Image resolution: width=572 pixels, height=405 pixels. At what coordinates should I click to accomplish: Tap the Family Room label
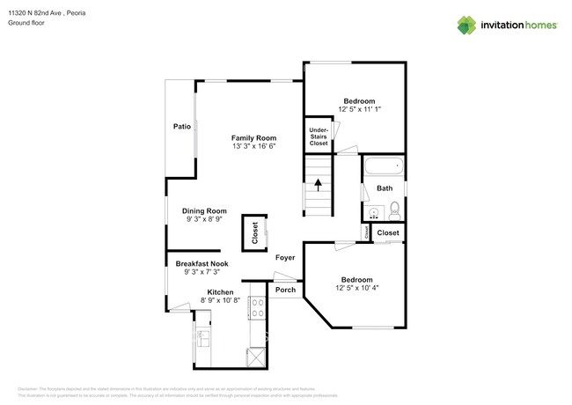254,138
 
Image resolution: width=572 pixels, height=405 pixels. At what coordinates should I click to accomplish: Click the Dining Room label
205,210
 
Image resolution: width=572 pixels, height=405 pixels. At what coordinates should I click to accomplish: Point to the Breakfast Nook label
202,264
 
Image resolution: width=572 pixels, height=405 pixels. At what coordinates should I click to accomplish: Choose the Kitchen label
220,291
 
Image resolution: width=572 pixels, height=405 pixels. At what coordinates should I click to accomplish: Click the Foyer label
284,258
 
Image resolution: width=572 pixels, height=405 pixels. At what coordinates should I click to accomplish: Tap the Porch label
285,290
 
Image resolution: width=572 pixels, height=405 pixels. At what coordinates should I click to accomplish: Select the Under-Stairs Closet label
319,136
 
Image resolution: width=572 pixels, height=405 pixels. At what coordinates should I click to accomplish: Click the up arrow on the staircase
319,185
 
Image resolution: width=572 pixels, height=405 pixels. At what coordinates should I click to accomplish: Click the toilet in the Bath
394,210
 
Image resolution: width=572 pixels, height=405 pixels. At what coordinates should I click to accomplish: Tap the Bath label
385,188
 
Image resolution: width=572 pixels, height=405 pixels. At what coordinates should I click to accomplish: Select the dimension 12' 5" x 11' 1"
359,109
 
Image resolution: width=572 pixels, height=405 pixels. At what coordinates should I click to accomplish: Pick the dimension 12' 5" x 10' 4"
356,287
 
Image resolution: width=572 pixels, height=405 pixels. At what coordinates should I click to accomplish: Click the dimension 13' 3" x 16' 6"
254,147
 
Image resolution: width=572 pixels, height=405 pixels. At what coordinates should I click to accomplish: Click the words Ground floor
26,24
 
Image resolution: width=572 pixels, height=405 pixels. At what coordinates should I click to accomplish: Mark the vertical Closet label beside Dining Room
255,233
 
